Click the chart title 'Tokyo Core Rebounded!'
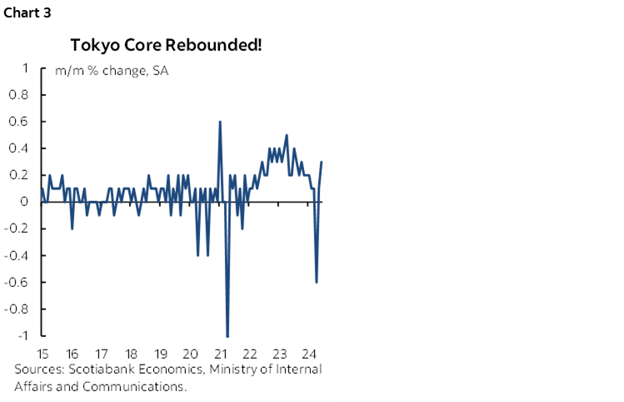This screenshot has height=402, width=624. click(166, 43)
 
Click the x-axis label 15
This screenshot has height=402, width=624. click(42, 353)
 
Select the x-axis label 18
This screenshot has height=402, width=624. click(131, 353)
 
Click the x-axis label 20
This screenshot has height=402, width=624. click(191, 353)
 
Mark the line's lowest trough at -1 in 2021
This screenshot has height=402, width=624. click(227, 335)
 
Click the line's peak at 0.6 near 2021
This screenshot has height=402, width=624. click(220, 122)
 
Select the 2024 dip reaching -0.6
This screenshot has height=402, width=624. click(317, 281)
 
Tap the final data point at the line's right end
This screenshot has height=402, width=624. click(322, 162)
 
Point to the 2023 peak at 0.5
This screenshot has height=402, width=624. click(287, 135)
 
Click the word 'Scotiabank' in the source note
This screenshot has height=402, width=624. click(97, 369)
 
